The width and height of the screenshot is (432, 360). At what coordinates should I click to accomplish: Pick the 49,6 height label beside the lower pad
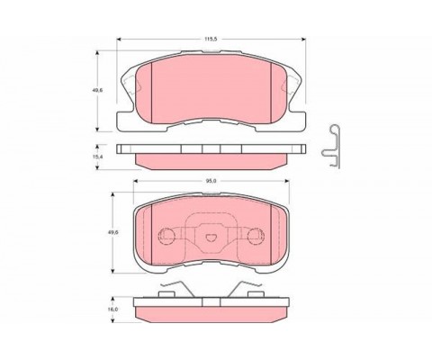pos(113,232)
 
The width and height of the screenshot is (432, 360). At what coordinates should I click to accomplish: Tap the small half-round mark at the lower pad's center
pos(211,238)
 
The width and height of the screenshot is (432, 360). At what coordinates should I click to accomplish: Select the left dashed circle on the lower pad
pos(166,236)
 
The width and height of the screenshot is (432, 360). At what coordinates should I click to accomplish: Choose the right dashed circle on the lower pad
pos(256,236)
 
